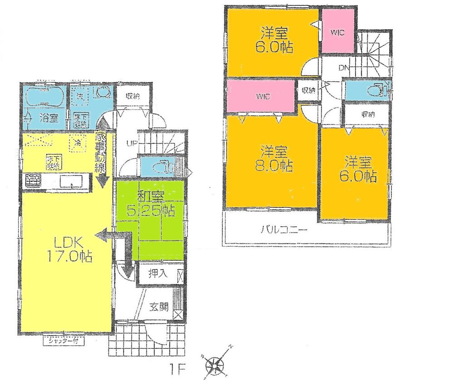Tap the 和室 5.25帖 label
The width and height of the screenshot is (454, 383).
150,204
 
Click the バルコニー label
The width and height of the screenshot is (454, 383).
284,230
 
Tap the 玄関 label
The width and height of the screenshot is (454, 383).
159,307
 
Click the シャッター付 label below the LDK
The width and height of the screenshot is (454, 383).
62,339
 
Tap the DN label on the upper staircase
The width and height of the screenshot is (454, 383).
343,69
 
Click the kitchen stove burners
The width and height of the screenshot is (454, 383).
32,181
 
